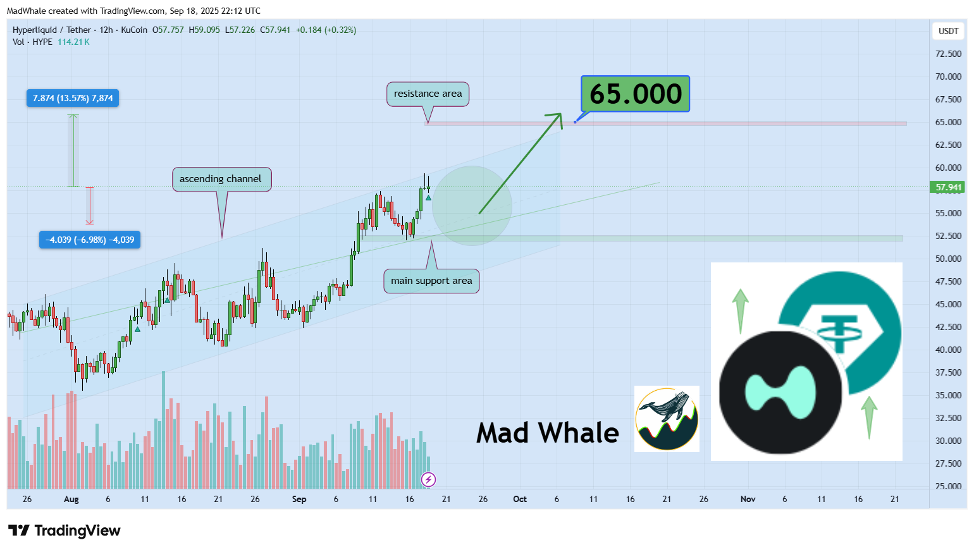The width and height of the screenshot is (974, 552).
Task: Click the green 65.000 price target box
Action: click(635, 94)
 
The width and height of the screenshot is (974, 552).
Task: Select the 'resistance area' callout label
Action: click(428, 94)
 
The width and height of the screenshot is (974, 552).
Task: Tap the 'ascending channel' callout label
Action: click(221, 179)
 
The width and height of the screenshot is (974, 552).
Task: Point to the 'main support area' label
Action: click(431, 281)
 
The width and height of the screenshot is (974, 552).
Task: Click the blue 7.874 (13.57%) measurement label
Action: click(73, 98)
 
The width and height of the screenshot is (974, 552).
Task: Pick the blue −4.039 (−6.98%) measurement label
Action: click(90, 240)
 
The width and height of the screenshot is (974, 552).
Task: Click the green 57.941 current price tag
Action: click(947, 187)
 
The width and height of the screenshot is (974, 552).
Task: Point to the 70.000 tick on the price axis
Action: click(948, 77)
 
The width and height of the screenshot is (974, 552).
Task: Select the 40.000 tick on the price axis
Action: click(948, 350)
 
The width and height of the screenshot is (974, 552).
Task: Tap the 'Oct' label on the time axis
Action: click(520, 499)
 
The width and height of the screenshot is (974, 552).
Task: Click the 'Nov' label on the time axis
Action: click(748, 499)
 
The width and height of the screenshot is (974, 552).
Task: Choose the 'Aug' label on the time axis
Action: click(71, 499)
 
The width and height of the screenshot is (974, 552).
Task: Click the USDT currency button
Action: click(948, 31)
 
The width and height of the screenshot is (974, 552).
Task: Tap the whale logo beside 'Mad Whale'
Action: click(667, 419)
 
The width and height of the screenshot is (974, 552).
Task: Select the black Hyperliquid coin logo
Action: click(780, 392)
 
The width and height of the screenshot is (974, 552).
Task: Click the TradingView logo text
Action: click(77, 531)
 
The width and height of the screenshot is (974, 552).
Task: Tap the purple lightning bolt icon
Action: click(428, 479)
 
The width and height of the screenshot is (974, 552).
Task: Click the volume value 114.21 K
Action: click(73, 42)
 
